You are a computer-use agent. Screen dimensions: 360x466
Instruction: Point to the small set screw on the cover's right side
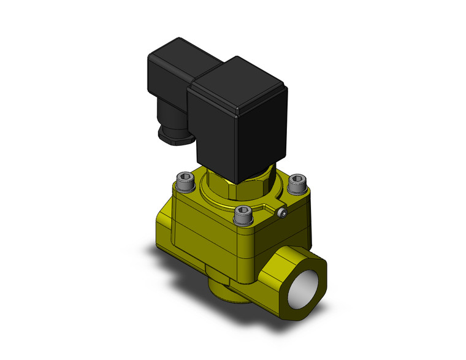282,213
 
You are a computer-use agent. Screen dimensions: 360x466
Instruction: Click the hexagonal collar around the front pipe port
288,270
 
